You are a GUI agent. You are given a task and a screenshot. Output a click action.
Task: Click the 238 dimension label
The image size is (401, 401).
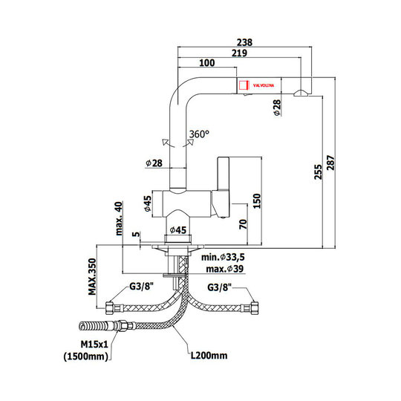point(244,42)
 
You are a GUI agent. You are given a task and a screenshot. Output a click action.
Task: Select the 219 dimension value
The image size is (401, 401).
point(239,53)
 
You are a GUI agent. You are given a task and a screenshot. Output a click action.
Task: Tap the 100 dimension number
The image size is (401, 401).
point(207,62)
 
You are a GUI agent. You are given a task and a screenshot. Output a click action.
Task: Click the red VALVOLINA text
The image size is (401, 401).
point(264,85)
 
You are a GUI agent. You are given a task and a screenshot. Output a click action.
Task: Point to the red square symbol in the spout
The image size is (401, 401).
point(244,85)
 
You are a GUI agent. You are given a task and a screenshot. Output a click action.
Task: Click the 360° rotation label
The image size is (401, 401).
point(199,134)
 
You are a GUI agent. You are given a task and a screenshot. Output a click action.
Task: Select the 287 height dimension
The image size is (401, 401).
point(330,163)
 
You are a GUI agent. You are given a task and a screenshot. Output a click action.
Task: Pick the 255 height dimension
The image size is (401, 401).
point(318,172)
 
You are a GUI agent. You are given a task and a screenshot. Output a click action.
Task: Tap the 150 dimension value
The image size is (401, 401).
point(257,201)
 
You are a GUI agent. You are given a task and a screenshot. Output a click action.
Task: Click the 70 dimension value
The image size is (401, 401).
point(244,224)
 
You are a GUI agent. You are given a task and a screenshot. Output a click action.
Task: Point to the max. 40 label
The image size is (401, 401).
point(119,218)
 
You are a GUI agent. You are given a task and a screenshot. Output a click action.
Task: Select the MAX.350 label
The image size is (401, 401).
point(92,277)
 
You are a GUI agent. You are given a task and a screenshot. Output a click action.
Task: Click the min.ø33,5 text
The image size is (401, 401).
point(223,257)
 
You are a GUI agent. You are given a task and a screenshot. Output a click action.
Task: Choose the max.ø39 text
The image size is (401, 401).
point(225,269)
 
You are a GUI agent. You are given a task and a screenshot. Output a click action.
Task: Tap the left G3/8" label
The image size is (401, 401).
point(141,287)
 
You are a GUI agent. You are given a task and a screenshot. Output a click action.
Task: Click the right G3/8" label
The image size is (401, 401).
point(219,287)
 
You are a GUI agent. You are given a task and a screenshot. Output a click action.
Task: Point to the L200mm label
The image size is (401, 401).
point(209,355)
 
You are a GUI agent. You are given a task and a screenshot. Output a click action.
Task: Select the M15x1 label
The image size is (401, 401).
point(94,345)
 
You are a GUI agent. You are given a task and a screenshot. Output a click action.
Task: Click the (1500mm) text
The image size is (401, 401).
point(86,356)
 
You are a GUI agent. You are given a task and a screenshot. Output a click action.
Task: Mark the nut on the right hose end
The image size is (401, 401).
point(255,307)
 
